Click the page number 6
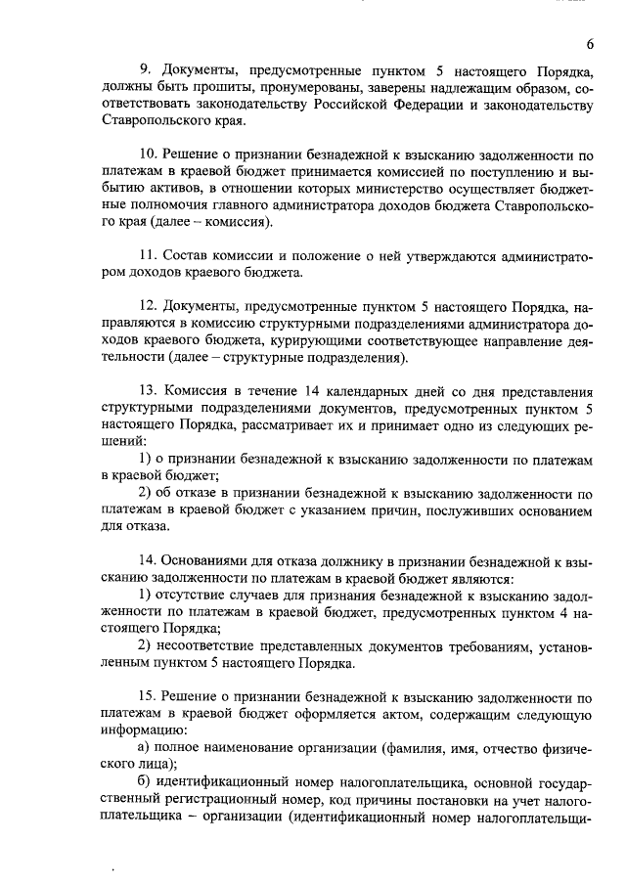pyautogui.click(x=591, y=44)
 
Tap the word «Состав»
pyautogui.click(x=191, y=255)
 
